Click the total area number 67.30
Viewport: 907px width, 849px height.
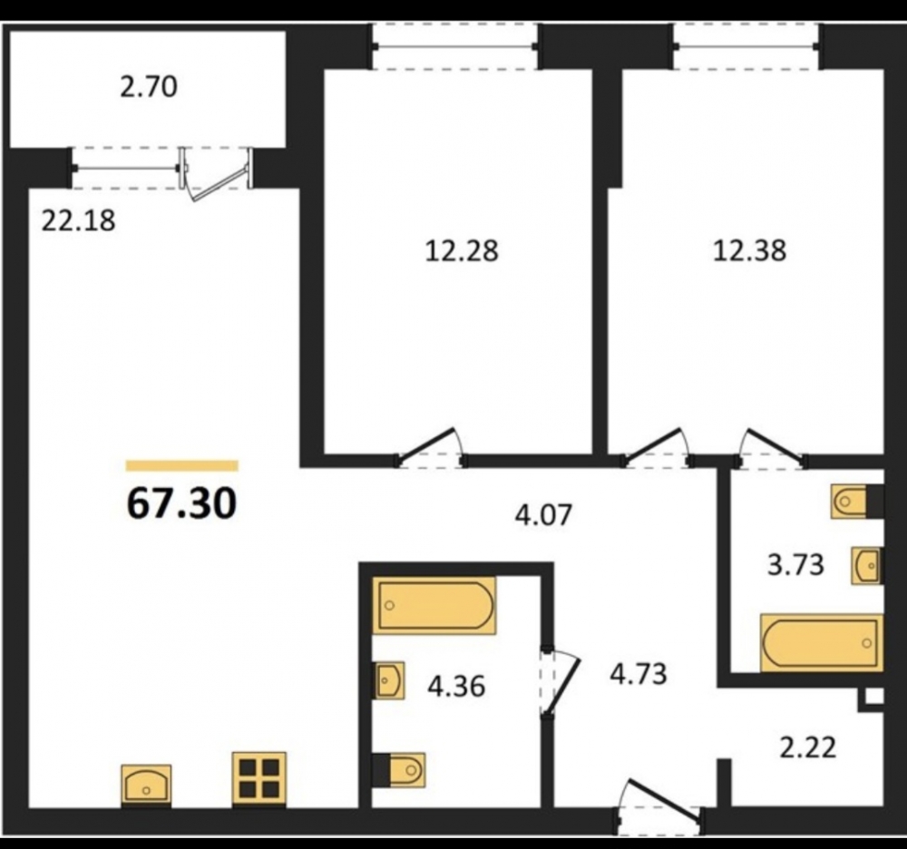coord(181,503)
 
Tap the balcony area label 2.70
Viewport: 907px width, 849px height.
coord(149,88)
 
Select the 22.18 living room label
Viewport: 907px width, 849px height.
coord(79,220)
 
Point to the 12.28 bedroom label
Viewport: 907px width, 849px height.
coord(462,251)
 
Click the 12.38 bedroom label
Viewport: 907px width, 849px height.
coord(750,251)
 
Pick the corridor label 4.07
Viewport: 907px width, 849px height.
coord(543,514)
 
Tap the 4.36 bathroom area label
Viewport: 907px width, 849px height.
coord(456,687)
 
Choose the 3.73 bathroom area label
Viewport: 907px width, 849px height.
coord(795,565)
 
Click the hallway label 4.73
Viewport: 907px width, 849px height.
coord(639,674)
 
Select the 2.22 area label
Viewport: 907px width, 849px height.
coord(808,747)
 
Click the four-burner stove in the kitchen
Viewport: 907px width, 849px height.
coord(259,778)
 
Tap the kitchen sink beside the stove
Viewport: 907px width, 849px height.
coord(146,785)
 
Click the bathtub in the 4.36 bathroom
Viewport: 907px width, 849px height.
coord(434,606)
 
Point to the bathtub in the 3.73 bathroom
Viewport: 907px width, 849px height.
coord(822,642)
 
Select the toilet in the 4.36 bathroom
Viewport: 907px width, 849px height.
coord(399,770)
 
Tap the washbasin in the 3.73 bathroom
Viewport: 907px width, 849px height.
coord(867,565)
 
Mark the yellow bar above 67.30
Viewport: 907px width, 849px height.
coord(182,465)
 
